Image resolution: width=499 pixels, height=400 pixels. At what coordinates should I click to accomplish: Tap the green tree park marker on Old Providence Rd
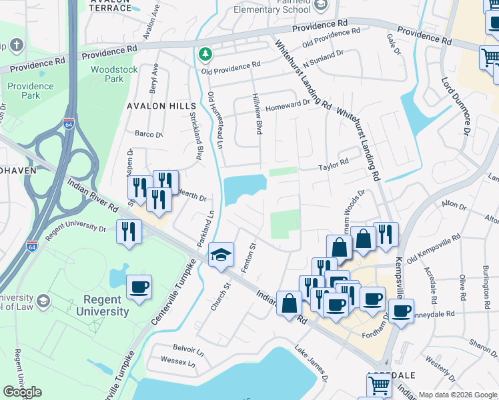click(x=207, y=53)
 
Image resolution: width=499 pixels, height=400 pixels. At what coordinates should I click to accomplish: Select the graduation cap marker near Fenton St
click(x=221, y=254)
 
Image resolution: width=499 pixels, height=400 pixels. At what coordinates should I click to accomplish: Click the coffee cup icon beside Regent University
click(x=139, y=287)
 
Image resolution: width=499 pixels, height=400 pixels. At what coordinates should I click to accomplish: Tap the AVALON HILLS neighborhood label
click(x=162, y=106)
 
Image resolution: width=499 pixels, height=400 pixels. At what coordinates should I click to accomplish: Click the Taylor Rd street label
click(x=334, y=163)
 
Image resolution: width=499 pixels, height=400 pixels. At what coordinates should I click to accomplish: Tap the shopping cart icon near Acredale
click(x=379, y=385)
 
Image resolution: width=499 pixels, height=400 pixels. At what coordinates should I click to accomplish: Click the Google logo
click(x=22, y=392)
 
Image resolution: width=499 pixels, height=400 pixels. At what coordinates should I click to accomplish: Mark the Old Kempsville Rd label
click(x=434, y=246)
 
